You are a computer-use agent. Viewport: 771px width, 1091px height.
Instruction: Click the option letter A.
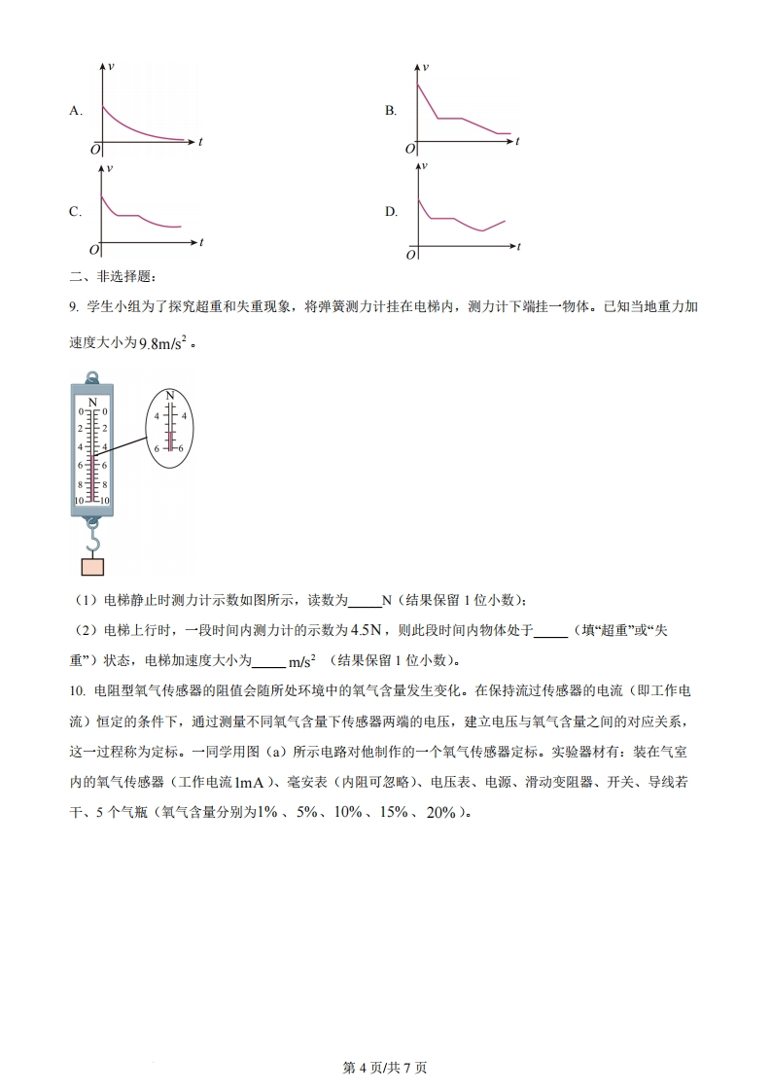coord(74,111)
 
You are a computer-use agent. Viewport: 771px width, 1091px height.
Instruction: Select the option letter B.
coord(390,111)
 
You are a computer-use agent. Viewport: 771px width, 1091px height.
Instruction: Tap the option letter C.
coord(74,212)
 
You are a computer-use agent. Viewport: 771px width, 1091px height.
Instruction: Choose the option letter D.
coord(390,212)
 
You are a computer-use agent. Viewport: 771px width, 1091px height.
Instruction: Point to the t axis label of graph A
coord(200,142)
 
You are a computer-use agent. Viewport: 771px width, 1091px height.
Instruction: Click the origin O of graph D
coord(410,255)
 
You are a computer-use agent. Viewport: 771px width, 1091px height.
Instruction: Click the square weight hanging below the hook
coord(92,568)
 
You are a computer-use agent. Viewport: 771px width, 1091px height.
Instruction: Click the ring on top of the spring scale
coord(92,376)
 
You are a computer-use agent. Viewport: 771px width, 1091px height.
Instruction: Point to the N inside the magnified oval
coord(170,396)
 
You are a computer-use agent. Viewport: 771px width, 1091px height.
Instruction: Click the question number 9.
coord(73,307)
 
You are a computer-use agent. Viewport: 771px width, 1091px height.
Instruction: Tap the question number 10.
coord(76,690)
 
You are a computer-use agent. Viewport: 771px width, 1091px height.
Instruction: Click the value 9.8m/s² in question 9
coord(160,342)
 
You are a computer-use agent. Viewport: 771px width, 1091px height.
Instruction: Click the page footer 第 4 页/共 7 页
coord(386,1068)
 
